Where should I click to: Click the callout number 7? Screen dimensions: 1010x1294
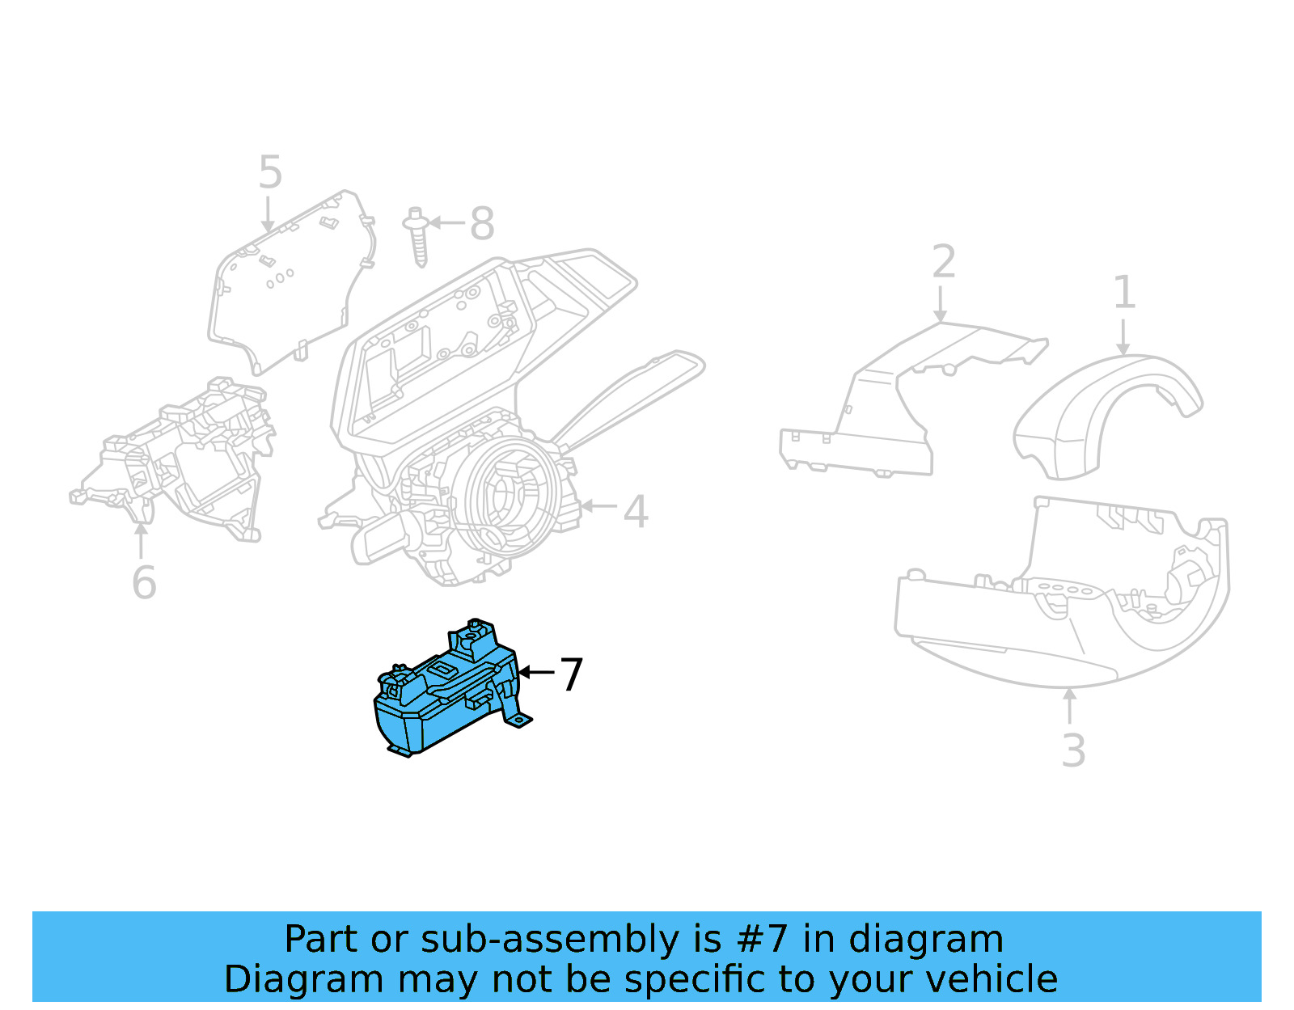pos(571,674)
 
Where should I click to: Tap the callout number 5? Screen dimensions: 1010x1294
pos(270,172)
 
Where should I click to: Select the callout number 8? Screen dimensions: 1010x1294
pos(482,223)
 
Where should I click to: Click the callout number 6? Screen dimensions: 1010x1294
pos(144,582)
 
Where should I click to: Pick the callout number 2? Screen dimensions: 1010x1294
pos(944,262)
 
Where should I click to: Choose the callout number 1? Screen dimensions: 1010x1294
pos(1124,292)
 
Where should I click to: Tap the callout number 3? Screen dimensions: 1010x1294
pos(1072,750)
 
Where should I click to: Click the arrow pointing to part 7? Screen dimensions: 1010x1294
pos(535,672)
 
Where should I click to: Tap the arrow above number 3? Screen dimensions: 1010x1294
pos(1069,705)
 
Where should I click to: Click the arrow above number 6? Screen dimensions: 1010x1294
pos(142,539)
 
